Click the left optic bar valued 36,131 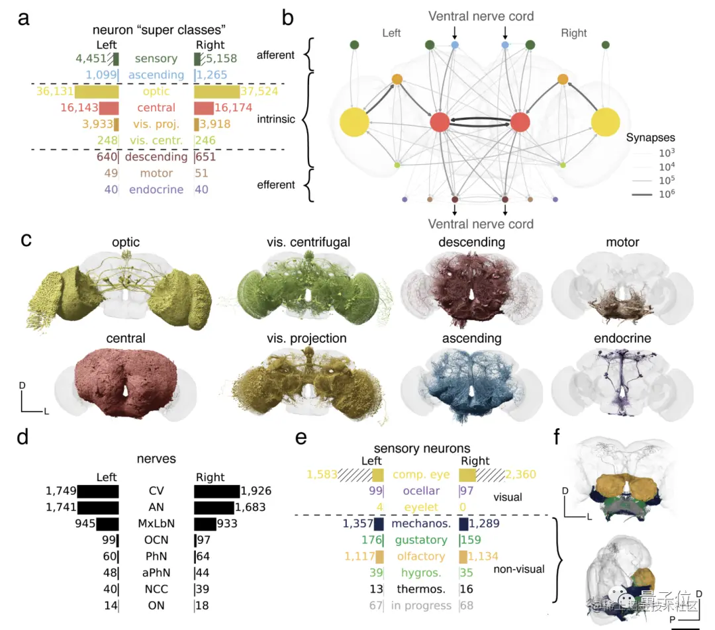click(97, 91)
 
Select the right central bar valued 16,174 click(203, 108)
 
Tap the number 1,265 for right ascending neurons click(211, 75)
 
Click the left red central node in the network click(440, 122)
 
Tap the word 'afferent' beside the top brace click(275, 55)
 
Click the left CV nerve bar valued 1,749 click(98, 491)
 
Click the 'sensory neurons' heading click(421, 449)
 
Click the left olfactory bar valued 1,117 click(379, 557)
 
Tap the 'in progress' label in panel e click(421, 606)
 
